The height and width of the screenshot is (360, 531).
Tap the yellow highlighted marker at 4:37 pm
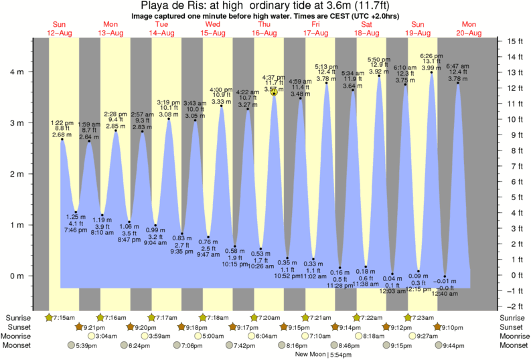click(274, 93)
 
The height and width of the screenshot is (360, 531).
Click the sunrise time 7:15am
click(64, 317)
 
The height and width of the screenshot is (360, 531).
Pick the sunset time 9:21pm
click(94, 327)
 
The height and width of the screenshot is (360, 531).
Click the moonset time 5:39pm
click(87, 345)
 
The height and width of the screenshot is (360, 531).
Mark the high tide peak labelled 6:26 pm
click(431, 72)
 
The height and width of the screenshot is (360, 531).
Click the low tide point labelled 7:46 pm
click(76, 212)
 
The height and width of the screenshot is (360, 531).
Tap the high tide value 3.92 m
click(379, 71)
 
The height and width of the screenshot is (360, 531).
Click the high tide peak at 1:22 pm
click(62, 139)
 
